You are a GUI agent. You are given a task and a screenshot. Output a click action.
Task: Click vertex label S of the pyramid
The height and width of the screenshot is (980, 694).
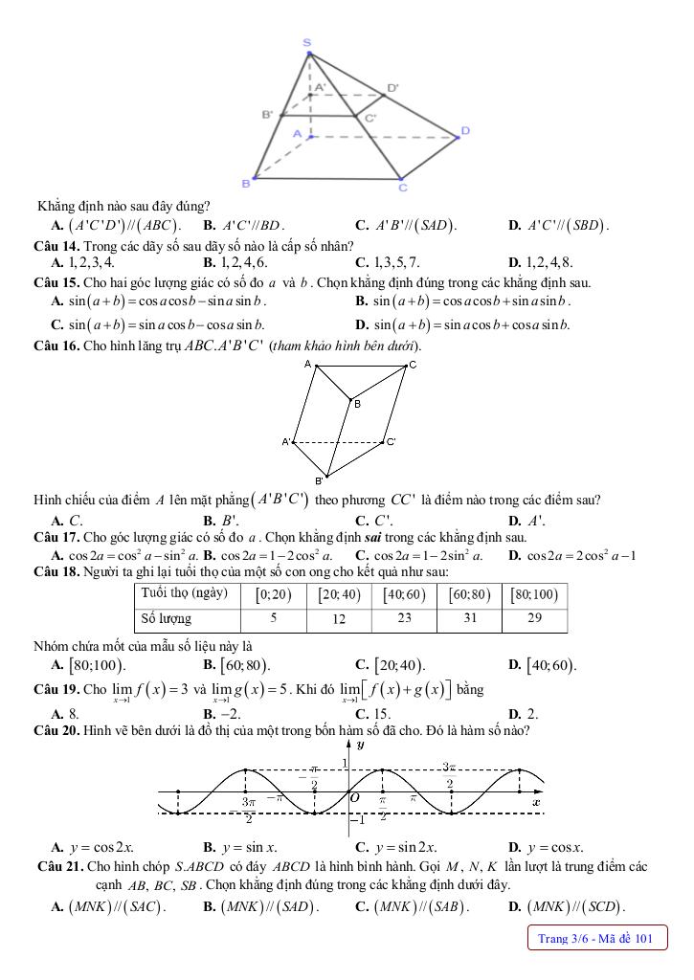(x=306, y=43)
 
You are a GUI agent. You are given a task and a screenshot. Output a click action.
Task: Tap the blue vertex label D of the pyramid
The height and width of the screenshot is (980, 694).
(x=465, y=130)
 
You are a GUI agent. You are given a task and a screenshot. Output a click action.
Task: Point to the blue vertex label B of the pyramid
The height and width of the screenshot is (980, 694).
(x=246, y=182)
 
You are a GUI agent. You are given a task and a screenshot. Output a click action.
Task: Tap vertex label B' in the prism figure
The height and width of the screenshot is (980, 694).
(x=319, y=480)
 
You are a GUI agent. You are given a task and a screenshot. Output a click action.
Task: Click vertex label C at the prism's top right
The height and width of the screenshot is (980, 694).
(x=413, y=366)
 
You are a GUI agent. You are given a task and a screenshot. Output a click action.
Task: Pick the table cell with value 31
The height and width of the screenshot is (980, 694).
(x=469, y=619)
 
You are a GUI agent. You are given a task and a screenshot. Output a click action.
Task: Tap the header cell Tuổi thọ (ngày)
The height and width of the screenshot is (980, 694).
(x=184, y=593)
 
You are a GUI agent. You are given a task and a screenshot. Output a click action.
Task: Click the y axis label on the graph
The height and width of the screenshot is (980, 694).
(x=360, y=745)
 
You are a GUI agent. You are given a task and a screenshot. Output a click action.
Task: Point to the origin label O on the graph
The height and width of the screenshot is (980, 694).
(x=354, y=797)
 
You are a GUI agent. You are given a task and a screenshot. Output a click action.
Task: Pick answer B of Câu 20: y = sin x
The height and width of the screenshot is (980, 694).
(x=240, y=847)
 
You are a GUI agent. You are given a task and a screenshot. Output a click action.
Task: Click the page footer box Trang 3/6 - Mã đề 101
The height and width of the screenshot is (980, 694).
(x=595, y=939)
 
